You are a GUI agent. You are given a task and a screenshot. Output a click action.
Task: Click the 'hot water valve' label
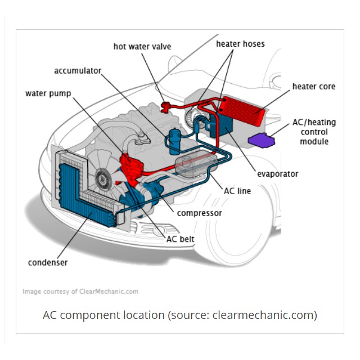[x=142, y=46]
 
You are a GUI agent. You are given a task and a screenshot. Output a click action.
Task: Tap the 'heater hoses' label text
[x=240, y=43]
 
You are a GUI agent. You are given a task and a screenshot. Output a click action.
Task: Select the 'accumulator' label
[x=78, y=71]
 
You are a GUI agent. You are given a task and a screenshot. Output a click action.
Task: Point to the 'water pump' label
[x=48, y=93]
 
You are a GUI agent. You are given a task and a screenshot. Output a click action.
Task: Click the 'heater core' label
[x=314, y=87]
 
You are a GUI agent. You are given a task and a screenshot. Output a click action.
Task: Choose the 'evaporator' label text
[x=278, y=173]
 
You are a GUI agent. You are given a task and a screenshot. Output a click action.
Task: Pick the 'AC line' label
[x=237, y=191]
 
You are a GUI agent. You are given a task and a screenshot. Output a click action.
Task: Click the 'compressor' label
[x=199, y=213]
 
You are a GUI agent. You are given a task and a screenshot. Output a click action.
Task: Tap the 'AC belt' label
[x=181, y=238]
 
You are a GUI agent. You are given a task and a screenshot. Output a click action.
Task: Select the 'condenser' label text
[x=48, y=263]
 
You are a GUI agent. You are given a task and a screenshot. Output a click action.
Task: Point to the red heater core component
[x=242, y=106]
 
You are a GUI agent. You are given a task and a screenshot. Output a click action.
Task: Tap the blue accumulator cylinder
[x=173, y=140]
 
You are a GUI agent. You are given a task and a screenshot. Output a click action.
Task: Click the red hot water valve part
[x=165, y=106]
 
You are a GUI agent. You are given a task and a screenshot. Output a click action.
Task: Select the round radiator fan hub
[x=103, y=179]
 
